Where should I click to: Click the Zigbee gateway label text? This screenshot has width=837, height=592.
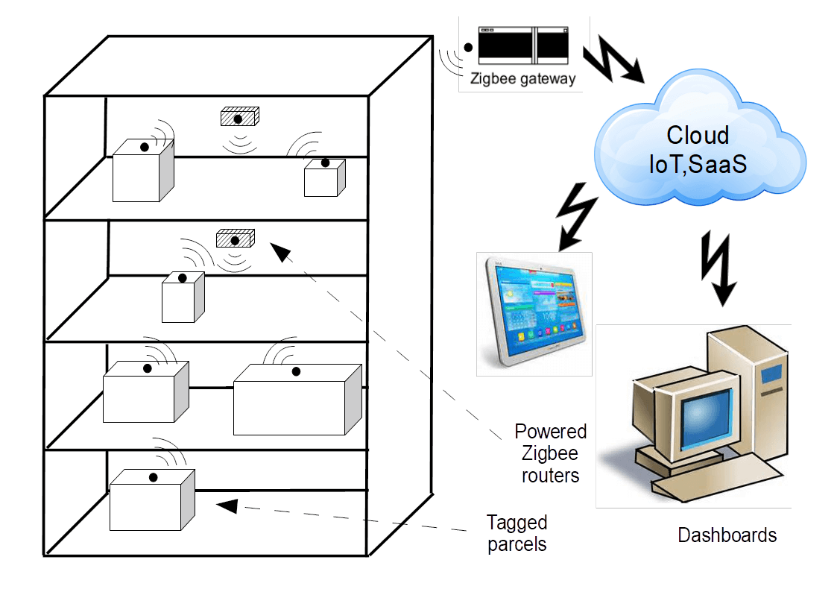[522, 78]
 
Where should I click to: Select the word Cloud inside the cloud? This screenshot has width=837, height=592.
[697, 135]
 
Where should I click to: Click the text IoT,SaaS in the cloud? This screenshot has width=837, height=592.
[697, 164]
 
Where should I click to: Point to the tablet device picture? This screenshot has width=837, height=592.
[534, 313]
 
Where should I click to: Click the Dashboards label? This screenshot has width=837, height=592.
[727, 535]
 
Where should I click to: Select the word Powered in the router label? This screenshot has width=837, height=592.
[551, 432]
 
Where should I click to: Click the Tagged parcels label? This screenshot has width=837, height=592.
[517, 533]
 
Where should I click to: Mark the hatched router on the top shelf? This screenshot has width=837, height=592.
[239, 117]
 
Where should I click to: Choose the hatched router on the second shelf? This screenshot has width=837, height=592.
[236, 239]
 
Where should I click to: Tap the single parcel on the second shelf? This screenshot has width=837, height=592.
[180, 300]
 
